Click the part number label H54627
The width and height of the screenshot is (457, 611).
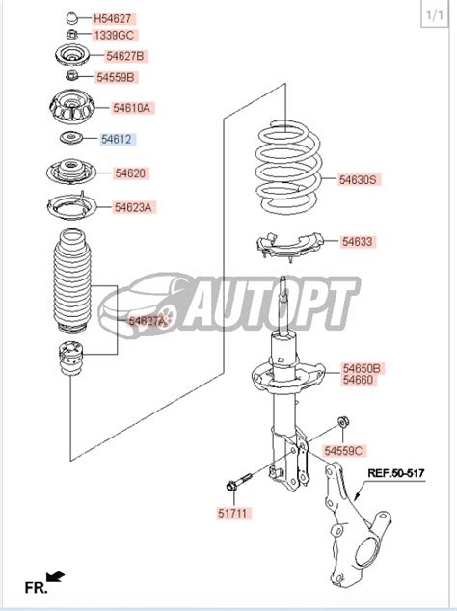click(113, 18)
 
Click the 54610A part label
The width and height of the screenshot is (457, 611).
click(132, 108)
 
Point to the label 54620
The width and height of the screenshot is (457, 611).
click(130, 173)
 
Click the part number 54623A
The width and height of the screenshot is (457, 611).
click(134, 207)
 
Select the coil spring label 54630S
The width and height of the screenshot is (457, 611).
click(360, 179)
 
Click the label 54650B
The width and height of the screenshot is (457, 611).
click(363, 368)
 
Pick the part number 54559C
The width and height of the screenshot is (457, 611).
click(343, 450)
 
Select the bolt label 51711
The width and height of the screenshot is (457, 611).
click(232, 516)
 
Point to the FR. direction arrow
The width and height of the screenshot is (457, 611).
click(55, 576)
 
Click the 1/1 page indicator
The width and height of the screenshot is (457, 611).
click(435, 15)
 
